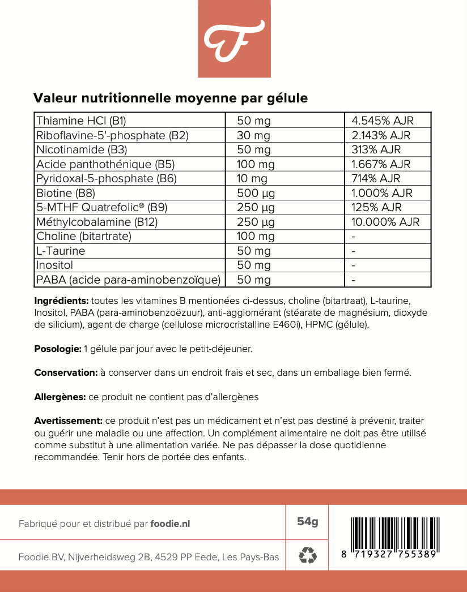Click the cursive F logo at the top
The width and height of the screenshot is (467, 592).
pos(233,40)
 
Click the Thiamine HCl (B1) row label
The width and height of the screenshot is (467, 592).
pos(81,121)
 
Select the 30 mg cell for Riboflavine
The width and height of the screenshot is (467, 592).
pos(254,135)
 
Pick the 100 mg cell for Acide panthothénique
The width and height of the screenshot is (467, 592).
pos(256,164)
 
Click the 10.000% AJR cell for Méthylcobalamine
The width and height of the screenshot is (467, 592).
pos(385,222)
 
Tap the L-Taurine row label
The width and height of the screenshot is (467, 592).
pos(61,251)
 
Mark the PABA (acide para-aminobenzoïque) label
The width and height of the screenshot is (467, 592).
pos(128,280)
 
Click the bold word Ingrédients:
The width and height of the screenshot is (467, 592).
pos(61,301)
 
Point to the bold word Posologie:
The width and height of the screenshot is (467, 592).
pos(58,349)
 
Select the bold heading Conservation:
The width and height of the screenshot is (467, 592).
pos(66,373)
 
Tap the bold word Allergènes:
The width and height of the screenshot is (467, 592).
pos(60,397)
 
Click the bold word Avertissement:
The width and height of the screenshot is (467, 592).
pos(68,421)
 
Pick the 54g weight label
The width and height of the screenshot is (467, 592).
pos(307,521)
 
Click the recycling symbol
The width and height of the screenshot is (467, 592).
pos(307,555)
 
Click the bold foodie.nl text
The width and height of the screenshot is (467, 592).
pos(170,524)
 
